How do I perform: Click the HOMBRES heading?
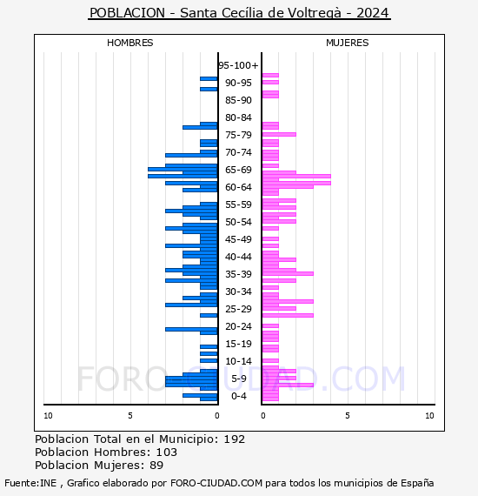[x=129, y=43]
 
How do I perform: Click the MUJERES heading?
[x=348, y=43]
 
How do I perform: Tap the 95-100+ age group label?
[x=238, y=65]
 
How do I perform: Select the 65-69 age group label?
[x=238, y=170]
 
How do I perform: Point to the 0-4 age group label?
[x=238, y=396]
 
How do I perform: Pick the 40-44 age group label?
[x=238, y=257]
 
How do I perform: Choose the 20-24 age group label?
[x=238, y=326]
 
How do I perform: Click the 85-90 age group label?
[x=238, y=100]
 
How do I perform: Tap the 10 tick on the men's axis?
[x=48, y=416]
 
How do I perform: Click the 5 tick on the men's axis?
[x=130, y=416]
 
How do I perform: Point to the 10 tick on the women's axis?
[x=429, y=416]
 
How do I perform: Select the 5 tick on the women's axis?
[x=348, y=416]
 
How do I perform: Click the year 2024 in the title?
[x=373, y=13]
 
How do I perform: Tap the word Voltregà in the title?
[x=315, y=13]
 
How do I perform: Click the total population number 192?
[x=235, y=439]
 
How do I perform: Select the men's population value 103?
[x=167, y=452]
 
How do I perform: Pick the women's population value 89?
[x=156, y=465]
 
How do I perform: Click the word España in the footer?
[x=417, y=483]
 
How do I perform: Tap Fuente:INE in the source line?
[x=30, y=483]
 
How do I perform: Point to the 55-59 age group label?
[x=238, y=204]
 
